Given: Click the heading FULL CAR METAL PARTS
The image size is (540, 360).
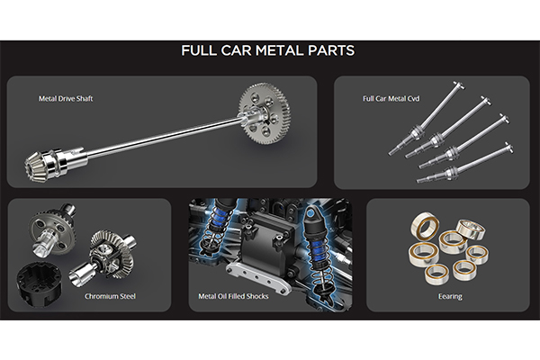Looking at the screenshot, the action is point(267,50).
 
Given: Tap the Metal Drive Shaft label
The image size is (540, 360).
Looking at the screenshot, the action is point(66,99).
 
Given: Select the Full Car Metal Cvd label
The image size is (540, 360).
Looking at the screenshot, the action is point(391,99).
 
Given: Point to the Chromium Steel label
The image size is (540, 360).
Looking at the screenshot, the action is point(110,296).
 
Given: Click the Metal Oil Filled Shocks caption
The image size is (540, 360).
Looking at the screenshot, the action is point(233,296).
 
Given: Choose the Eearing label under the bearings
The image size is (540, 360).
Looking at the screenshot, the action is point(450,297).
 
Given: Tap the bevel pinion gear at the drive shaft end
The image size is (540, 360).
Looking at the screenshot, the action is point(35,166).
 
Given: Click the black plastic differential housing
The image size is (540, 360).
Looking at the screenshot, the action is point(39,282).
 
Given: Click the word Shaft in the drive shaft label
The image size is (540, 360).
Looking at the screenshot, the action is point(85,99).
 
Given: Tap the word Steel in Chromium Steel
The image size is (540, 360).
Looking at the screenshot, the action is point(126,296).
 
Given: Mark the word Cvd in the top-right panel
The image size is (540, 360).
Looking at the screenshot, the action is point(413,99).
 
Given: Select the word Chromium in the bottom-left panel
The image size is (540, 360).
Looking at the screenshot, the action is point(100,296).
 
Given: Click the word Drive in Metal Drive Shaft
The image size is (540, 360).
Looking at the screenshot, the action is point(66,99).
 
